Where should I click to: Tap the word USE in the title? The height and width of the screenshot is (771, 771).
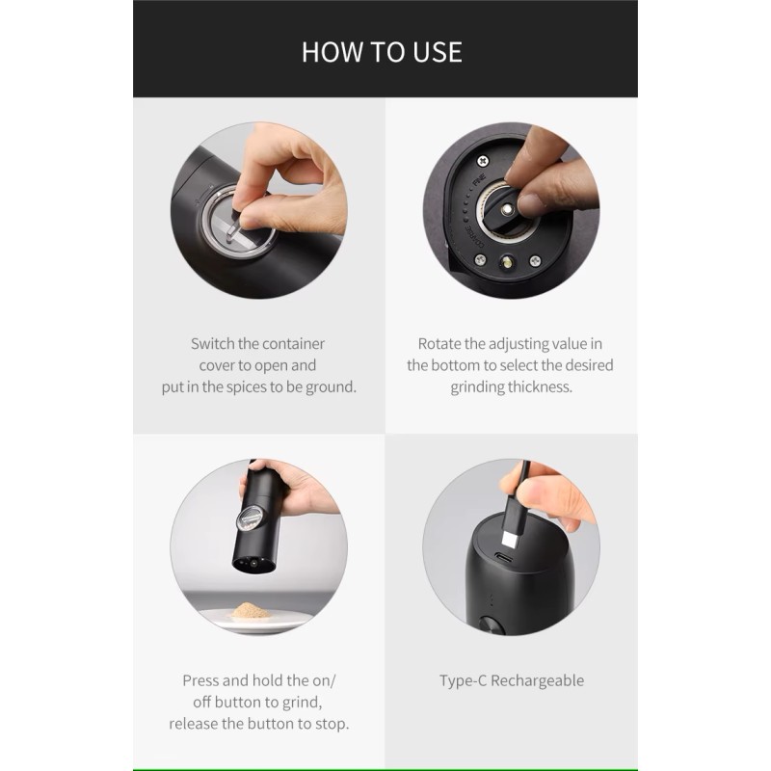[438, 52]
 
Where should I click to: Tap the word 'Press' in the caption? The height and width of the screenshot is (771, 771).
[200, 680]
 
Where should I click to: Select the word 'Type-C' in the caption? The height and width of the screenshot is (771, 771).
[463, 680]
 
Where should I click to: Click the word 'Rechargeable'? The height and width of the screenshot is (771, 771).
[538, 681]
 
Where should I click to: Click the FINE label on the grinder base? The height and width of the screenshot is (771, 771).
[479, 180]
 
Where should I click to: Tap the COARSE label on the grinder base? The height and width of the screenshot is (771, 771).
[474, 237]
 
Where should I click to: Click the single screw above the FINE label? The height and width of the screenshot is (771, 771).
[484, 160]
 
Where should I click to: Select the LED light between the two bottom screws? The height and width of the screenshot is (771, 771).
[507, 262]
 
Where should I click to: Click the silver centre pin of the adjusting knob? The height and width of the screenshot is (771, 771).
[507, 210]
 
